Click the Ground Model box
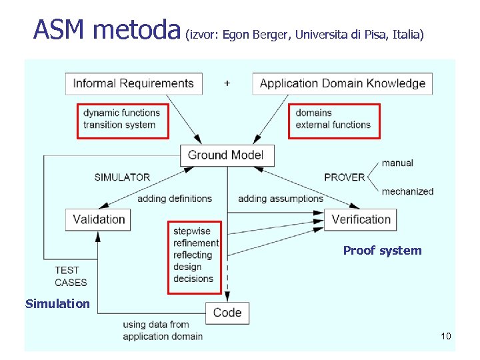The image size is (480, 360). tap(226, 155)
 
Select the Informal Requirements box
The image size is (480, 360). tap(133, 83)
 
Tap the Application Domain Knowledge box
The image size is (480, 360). tap(342, 83)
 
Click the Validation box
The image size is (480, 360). tap(98, 219)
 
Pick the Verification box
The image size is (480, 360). tap(361, 219)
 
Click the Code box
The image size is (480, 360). tap(227, 313)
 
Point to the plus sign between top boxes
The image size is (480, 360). tap(227, 83)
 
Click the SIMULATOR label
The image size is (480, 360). tap(122, 177)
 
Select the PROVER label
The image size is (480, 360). tap(344, 177)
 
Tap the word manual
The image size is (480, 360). tap(397, 163)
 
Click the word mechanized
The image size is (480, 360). tap(407, 191)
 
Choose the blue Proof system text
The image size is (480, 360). tap(382, 251)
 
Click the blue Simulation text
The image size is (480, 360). tap(57, 304)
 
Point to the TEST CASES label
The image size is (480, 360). tap(70, 276)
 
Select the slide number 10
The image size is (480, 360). tap(445, 336)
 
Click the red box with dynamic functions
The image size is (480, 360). tap(123, 120)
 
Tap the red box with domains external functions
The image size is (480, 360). tap(333, 120)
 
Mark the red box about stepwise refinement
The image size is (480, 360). tap(194, 256)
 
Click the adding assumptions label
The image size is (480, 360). tap(280, 198)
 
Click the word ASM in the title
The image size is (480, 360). tap(60, 29)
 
